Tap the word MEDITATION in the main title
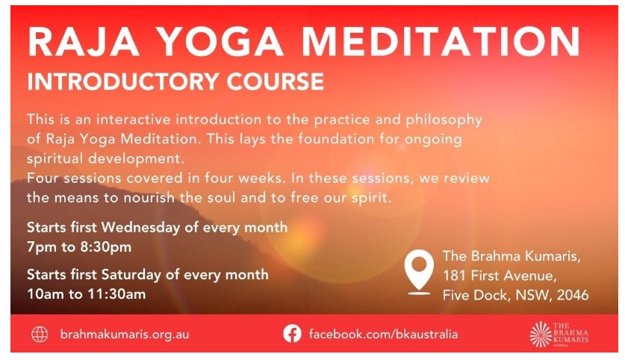coord(441,42)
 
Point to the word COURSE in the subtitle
coord(276,81)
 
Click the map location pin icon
coord(419,272)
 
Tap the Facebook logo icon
coord(292,334)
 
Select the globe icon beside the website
coord(40,334)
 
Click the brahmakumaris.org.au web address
coord(125,334)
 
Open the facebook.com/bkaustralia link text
coord(383,334)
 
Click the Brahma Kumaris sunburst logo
coord(541,334)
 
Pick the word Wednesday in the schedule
coord(140,228)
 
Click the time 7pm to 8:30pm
coord(79,247)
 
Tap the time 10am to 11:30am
coord(87,294)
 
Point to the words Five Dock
coord(475,295)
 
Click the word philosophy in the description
coord(444,120)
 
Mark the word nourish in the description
coord(149,198)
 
